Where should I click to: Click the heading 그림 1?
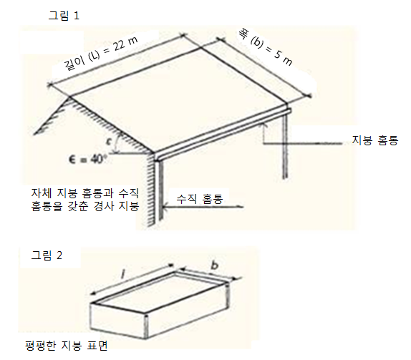[x=64, y=16]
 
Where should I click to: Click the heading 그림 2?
[x=47, y=256]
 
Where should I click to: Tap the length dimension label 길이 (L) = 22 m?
[x=101, y=54]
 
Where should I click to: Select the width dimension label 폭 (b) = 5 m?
[x=265, y=47]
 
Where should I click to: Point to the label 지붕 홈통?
[x=374, y=140]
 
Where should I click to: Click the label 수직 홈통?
[x=200, y=199]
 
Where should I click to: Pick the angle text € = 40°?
[x=86, y=159]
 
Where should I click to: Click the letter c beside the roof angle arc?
[x=109, y=142]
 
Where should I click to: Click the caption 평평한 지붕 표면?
[x=66, y=346]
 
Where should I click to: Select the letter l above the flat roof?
[x=122, y=274]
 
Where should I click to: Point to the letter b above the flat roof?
[x=215, y=265]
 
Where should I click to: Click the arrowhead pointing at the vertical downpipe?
[x=165, y=208]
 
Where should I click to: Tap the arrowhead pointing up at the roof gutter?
[x=264, y=126]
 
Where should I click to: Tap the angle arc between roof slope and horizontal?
[x=117, y=143]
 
